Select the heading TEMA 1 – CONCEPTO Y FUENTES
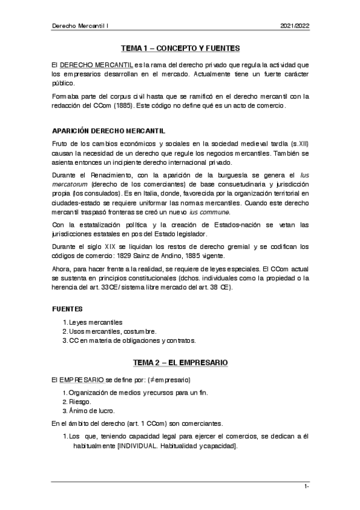[180, 49]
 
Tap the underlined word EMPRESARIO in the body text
[82, 380]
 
